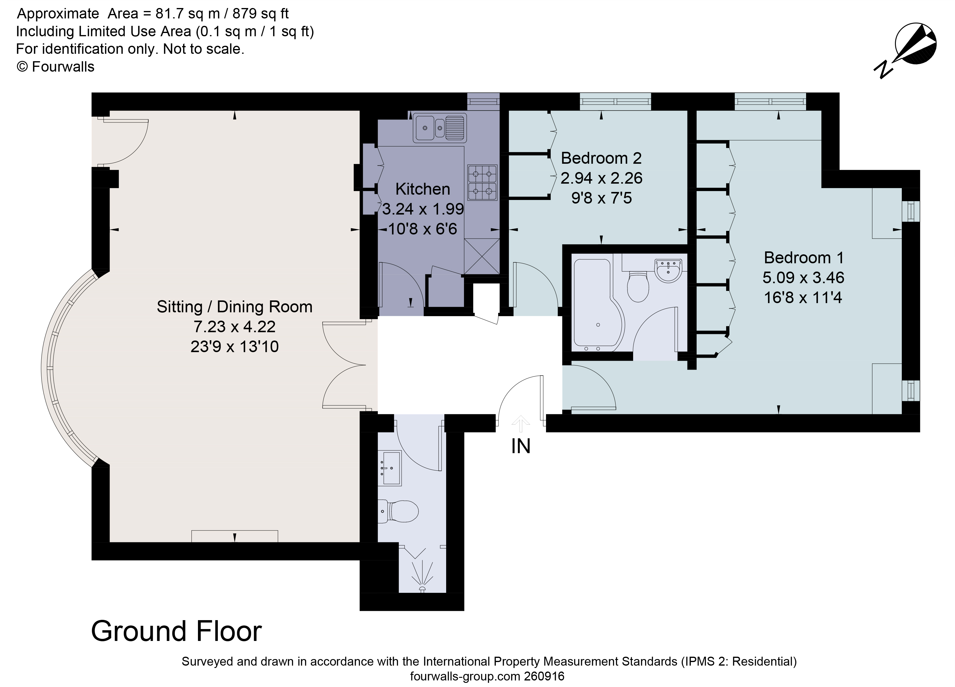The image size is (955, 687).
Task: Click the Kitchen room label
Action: pos(422,190)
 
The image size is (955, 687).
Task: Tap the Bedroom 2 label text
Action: pos(601,158)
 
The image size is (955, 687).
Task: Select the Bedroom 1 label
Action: pos(803,258)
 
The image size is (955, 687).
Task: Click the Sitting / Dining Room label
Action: pos(235,307)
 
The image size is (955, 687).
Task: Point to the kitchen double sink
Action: pos(439,127)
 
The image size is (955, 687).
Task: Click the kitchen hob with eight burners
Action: pos(482,183)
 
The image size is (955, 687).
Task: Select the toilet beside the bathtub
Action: pos(638,286)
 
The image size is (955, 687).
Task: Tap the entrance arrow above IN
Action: pos(521,423)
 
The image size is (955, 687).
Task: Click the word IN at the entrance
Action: pos(521,447)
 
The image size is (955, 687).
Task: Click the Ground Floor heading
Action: pos(177,631)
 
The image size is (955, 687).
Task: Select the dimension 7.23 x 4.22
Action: pos(235,327)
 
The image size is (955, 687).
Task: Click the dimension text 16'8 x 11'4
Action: pos(803,298)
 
